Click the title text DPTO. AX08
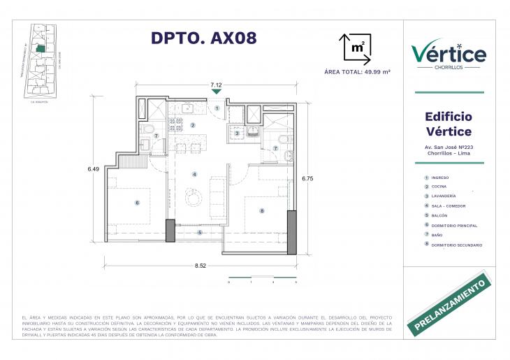coord(204,38)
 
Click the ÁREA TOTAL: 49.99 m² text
coord(357,72)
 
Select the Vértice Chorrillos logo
coord(449,54)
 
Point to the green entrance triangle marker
coord(217,91)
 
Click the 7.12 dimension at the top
coord(217,84)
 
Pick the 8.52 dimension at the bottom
coord(201,266)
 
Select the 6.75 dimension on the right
coord(307,179)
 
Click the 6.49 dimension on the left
coord(94,168)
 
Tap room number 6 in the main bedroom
coord(137,203)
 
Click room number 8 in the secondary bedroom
coord(261,210)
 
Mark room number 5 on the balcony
coord(200,233)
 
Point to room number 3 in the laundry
coord(237,133)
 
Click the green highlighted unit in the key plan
coord(41,49)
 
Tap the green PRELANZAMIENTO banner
coord(450,305)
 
